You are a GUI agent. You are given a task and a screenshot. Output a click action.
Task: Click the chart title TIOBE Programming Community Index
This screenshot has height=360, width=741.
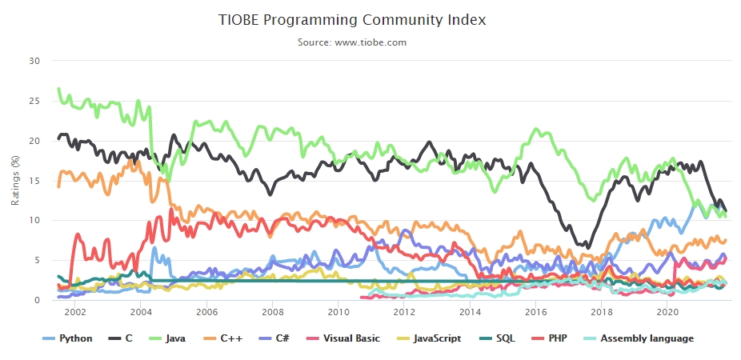click(x=352, y=19)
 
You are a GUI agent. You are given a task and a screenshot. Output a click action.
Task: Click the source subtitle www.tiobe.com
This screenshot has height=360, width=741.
click(x=352, y=42)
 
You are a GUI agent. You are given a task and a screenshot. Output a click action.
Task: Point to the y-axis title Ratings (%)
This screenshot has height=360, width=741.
click(x=15, y=180)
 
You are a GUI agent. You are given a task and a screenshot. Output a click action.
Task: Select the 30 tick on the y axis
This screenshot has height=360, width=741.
click(x=34, y=61)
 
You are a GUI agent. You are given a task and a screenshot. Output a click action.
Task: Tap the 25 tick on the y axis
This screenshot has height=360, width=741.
click(x=34, y=101)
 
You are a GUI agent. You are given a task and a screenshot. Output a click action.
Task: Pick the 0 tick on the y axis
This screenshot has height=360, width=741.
click(x=37, y=301)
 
